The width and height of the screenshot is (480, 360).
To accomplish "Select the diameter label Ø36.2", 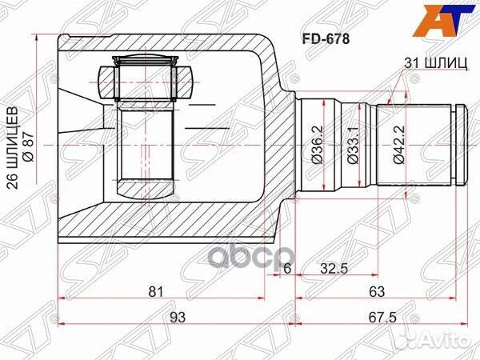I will pos(318,146).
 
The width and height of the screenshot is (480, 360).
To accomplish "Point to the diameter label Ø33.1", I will pos(352,146).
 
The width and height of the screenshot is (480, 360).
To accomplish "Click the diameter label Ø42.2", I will pos(398,146).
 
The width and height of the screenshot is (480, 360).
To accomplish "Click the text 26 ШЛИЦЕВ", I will pos(12,148).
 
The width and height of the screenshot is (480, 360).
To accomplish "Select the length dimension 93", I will pos(178,318).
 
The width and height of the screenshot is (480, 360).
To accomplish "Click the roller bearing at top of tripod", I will pos(146,78).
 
